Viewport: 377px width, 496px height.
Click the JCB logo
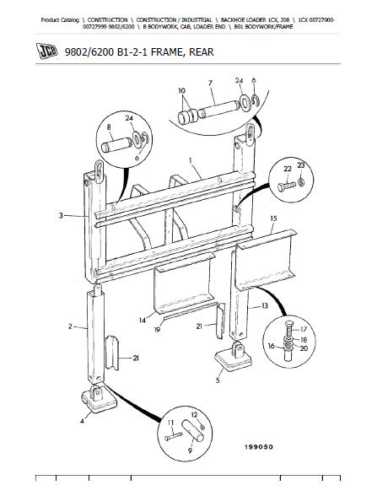(x=47, y=51)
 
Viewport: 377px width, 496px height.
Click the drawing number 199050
(x=258, y=447)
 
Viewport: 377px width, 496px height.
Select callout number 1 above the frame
(x=191, y=161)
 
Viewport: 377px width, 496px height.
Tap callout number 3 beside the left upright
(x=61, y=216)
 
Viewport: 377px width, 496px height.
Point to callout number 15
(x=274, y=218)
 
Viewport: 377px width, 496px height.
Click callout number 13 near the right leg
(x=265, y=305)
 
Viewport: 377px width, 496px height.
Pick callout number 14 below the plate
(x=143, y=321)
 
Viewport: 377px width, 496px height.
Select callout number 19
(x=157, y=330)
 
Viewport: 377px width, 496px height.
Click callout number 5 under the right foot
(x=218, y=380)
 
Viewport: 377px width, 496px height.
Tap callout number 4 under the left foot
(x=82, y=421)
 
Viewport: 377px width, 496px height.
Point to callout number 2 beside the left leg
(x=70, y=326)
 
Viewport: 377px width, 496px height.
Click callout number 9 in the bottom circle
(x=190, y=450)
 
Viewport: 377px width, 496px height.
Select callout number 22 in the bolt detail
(x=287, y=169)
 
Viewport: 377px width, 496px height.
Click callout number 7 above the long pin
(x=210, y=84)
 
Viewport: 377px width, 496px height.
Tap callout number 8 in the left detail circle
(x=109, y=127)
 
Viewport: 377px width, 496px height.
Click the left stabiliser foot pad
(x=99, y=399)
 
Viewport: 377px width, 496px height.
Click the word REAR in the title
(x=201, y=51)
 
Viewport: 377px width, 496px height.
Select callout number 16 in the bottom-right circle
(x=271, y=346)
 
